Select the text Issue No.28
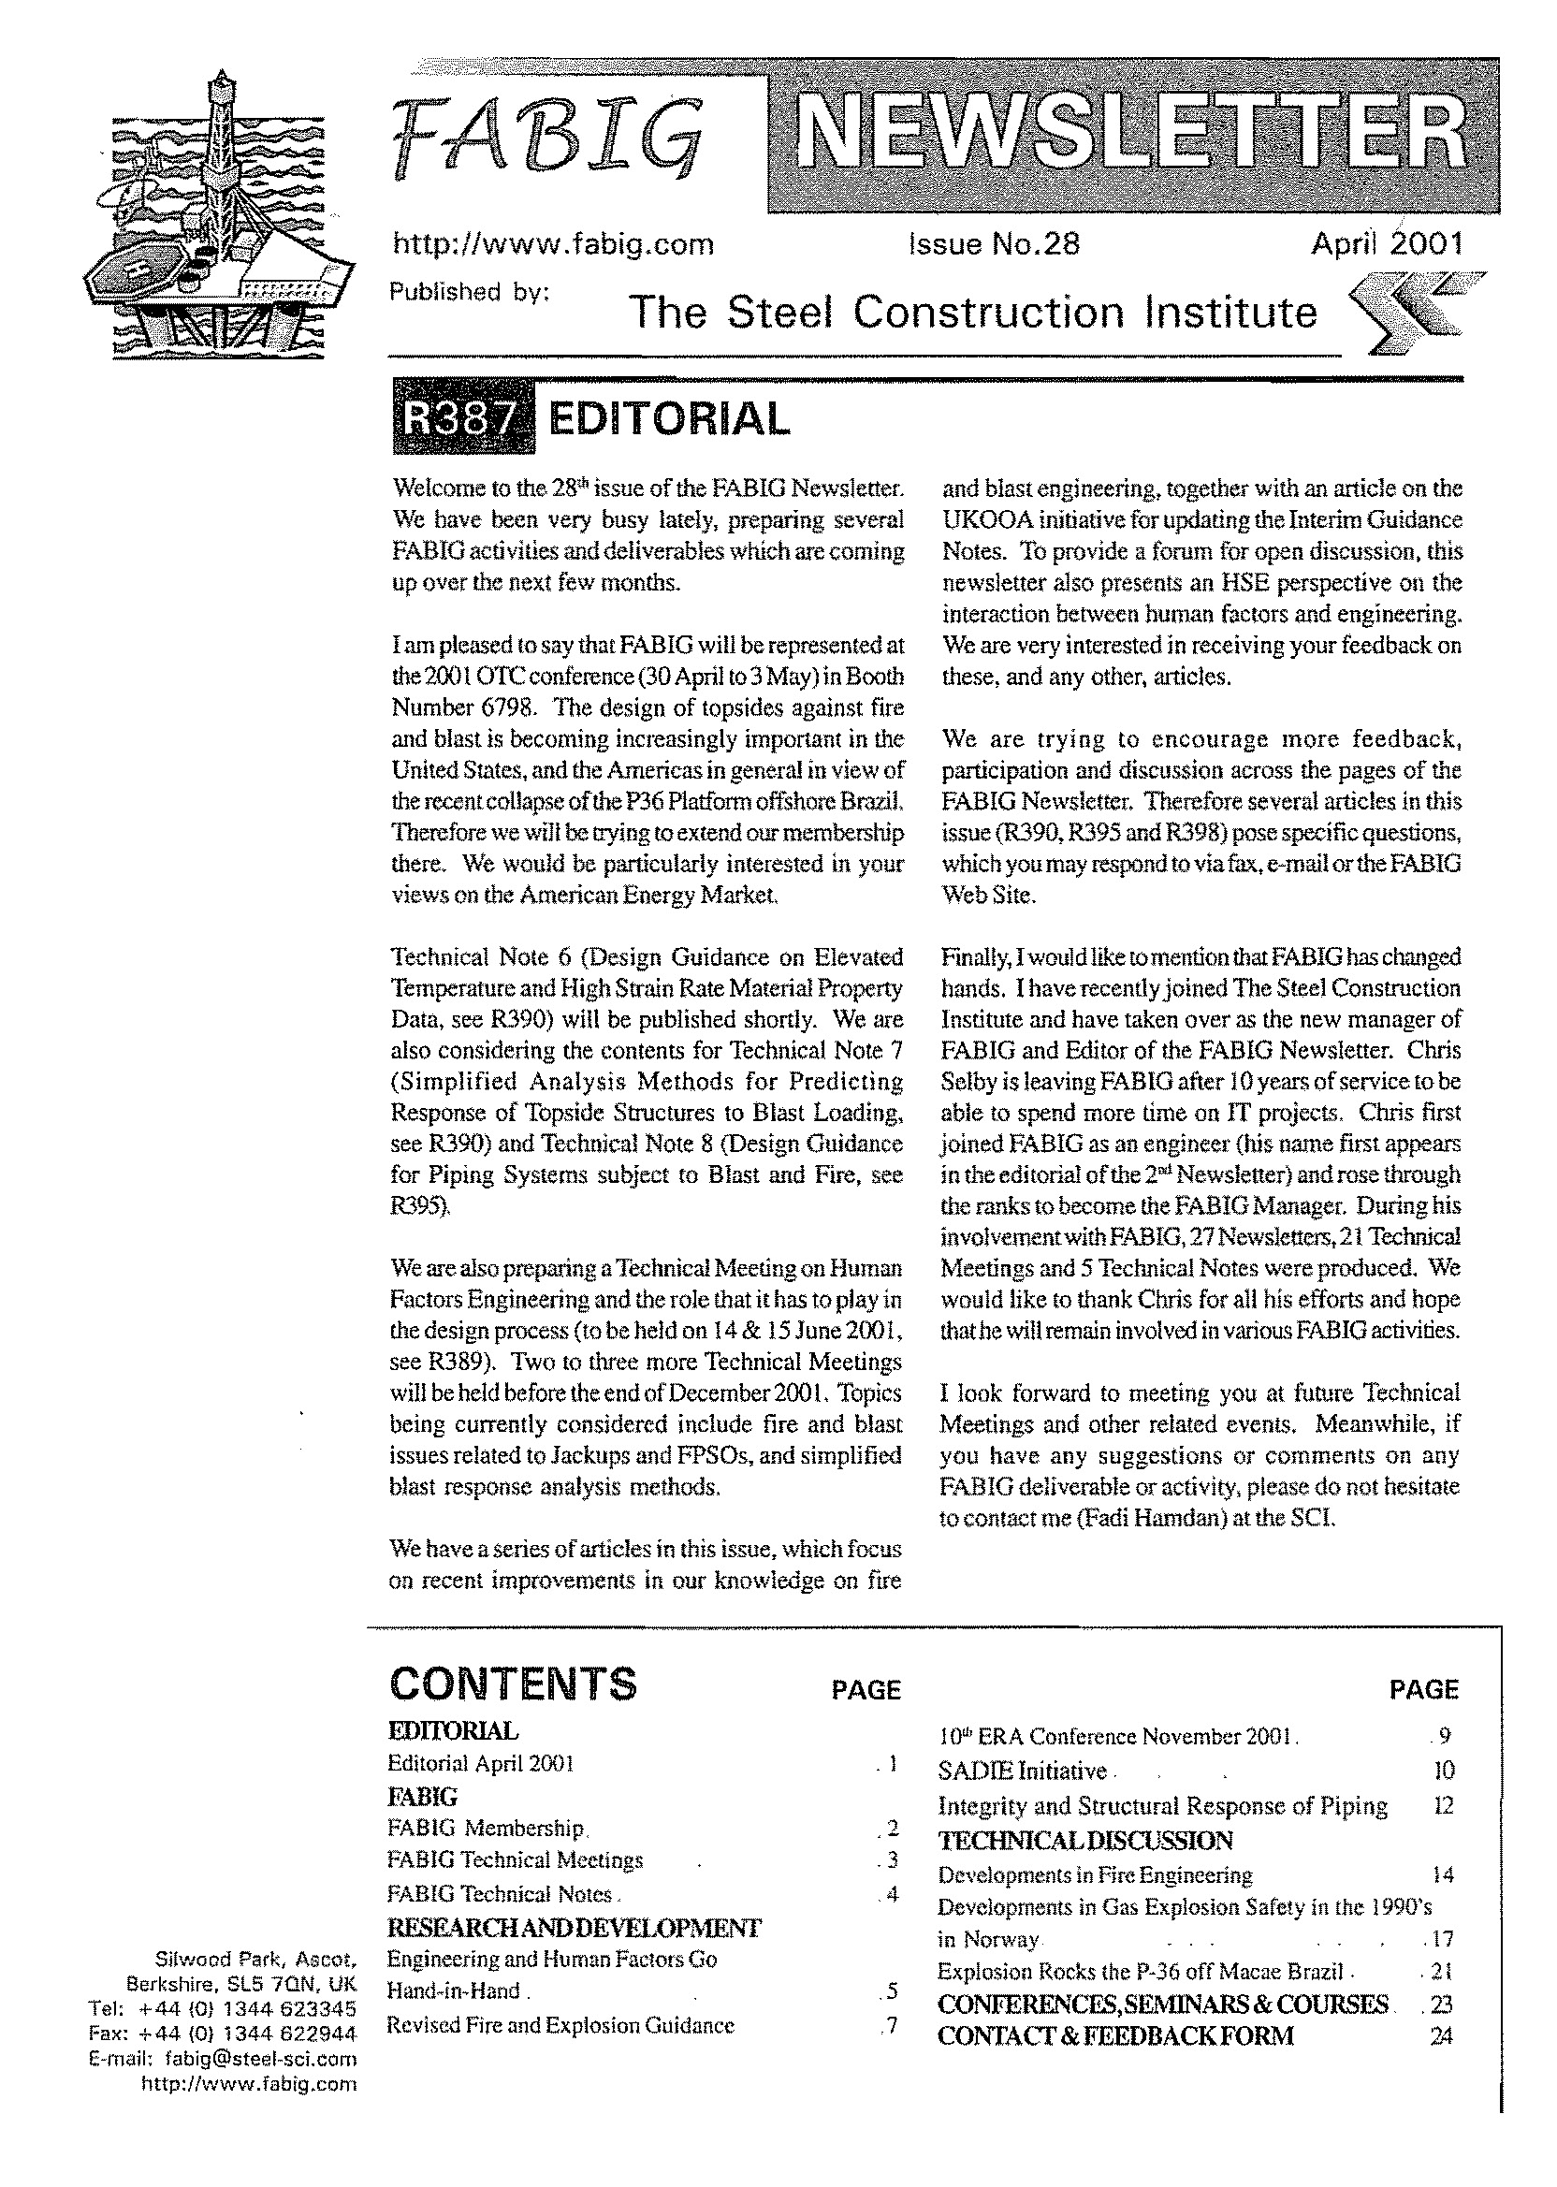coord(994,244)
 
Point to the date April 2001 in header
coord(1387,244)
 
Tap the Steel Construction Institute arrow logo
coord(1410,313)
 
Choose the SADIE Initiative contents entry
coord(1022,1771)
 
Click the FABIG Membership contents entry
coord(485,1829)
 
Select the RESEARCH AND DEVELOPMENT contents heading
coord(575,1927)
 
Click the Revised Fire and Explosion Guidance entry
coord(560,2026)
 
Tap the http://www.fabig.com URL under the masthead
coord(553,244)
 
